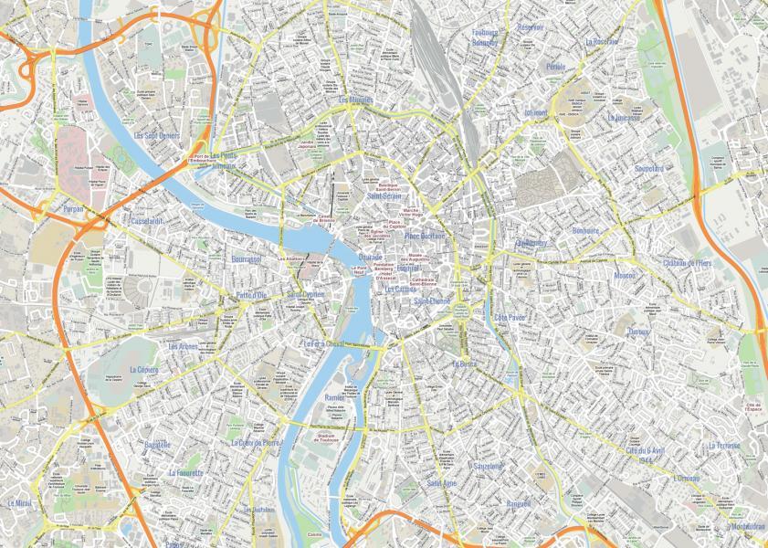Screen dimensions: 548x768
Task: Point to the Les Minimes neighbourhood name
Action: click(x=356, y=100)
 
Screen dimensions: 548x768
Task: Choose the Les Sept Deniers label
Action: click(x=157, y=135)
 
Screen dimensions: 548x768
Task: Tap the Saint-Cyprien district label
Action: click(x=306, y=295)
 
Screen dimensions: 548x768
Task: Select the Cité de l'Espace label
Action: click(x=752, y=407)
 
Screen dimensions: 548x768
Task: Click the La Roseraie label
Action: click(x=602, y=42)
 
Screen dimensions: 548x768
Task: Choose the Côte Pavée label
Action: click(x=510, y=318)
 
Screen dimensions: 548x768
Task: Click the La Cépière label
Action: click(x=144, y=370)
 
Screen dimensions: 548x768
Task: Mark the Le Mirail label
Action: click(x=18, y=503)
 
